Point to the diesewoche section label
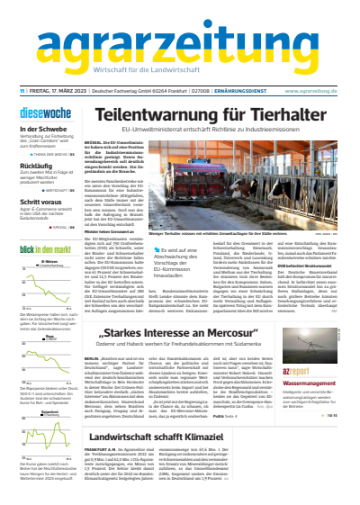tap(40, 113)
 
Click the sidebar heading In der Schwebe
tap(41, 129)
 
